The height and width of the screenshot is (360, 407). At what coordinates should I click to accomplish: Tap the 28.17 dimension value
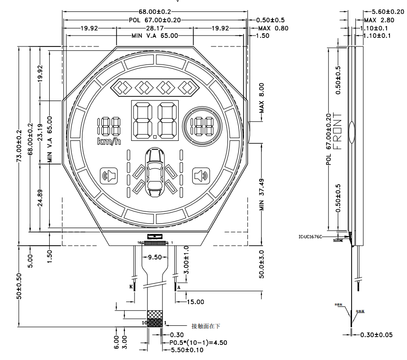point(155,28)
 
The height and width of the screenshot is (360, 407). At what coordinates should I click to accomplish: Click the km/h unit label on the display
point(109,141)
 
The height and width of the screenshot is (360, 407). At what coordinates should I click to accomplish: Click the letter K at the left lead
point(131,287)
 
